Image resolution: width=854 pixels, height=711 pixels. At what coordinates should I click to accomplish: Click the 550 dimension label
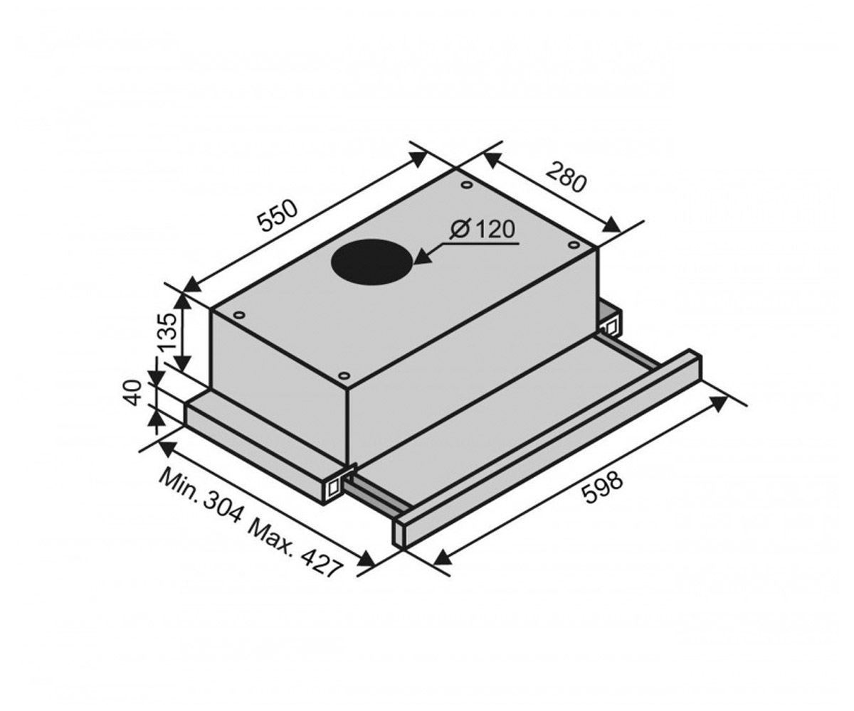278,215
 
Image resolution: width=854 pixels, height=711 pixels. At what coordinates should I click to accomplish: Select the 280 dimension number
566,176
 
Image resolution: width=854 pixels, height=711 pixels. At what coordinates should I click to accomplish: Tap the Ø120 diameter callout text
483,229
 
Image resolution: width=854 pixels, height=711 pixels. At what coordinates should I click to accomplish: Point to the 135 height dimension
168,332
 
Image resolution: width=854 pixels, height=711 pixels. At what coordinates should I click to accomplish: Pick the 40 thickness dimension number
133,392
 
